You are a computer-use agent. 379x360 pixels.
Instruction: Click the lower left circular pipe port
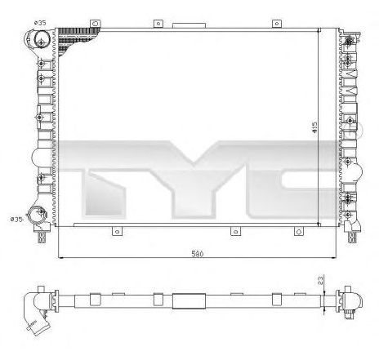[38, 215]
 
